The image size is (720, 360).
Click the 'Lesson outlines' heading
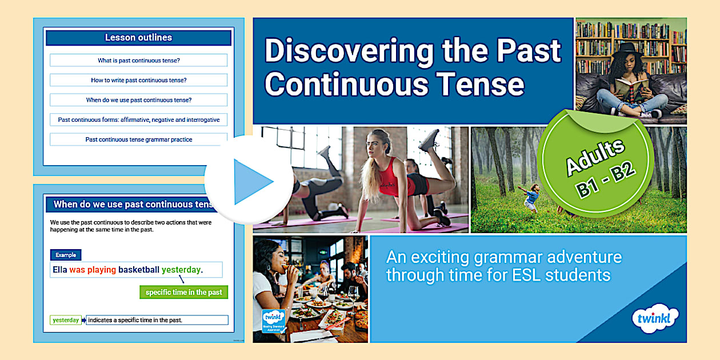pyautogui.click(x=138, y=38)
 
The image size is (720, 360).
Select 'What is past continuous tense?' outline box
pyautogui.click(x=138, y=60)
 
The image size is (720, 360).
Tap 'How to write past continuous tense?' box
pyautogui.click(x=138, y=80)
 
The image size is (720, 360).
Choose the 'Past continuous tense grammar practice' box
pyautogui.click(x=138, y=139)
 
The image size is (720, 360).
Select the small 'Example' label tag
pyautogui.click(x=66, y=255)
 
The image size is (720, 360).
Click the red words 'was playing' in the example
pyautogui.click(x=93, y=270)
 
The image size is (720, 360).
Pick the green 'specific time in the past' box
pyautogui.click(x=183, y=292)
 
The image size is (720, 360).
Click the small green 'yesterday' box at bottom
pyautogui.click(x=66, y=320)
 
